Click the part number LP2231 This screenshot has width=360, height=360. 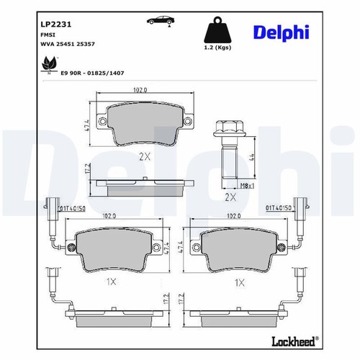coord(56,24)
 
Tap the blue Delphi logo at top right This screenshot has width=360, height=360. coord(281,33)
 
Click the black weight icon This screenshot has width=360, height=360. coord(217,30)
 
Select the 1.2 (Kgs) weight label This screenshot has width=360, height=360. coord(217,48)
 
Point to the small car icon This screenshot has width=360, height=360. coord(161,21)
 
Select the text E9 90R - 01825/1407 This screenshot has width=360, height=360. coord(92,73)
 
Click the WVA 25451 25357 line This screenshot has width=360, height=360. coord(68,44)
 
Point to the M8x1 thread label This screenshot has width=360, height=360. coord(247,185)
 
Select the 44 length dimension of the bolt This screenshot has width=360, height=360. coord(252,157)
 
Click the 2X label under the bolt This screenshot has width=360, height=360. coord(230,197)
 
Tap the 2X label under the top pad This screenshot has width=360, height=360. coord(145,157)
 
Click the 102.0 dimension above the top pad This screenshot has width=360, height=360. coord(140,90)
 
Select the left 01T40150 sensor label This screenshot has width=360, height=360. coord(72,209)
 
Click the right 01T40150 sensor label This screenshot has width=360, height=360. coord(279,207)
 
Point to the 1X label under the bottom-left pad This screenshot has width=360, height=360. coord(111,282)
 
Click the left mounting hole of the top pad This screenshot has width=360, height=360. coord(102,121)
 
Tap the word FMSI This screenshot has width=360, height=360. coord(48,35)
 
